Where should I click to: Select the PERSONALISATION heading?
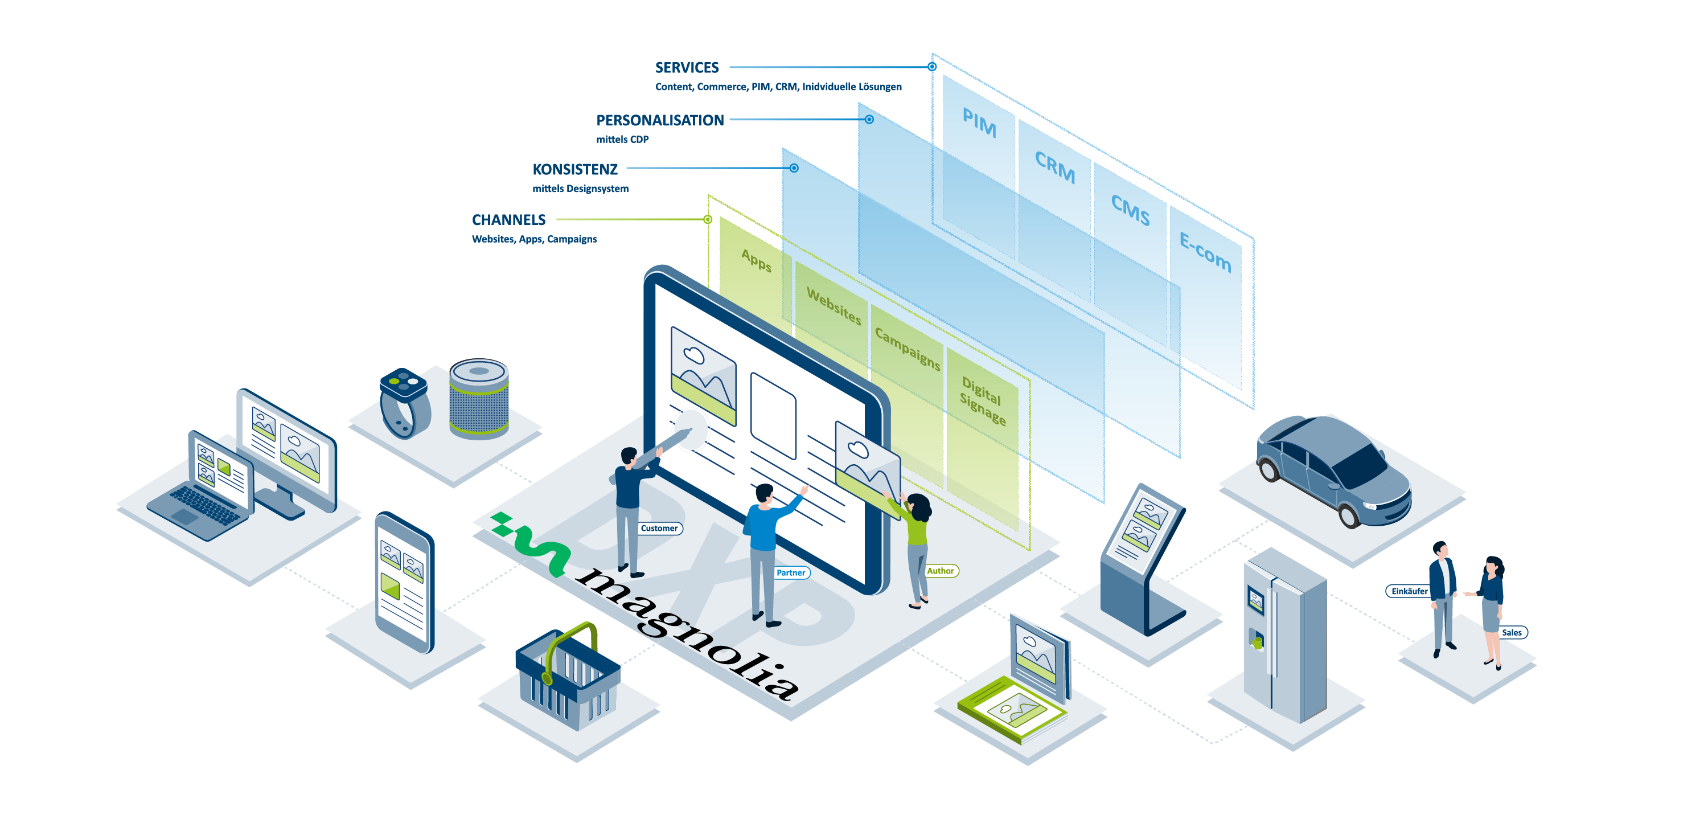[x=659, y=120]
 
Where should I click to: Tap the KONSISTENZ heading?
[x=574, y=169]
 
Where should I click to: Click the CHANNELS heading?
[x=508, y=219]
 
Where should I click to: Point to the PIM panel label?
[x=979, y=122]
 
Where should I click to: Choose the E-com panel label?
[x=1205, y=252]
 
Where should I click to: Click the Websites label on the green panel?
[x=834, y=306]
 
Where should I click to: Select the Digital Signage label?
[x=983, y=400]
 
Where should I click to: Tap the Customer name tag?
[x=659, y=529]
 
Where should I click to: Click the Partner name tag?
[x=790, y=573]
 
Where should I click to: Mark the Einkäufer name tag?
[x=1409, y=591]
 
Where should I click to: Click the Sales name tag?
[x=1512, y=633]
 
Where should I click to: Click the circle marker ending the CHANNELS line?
[x=708, y=219]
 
